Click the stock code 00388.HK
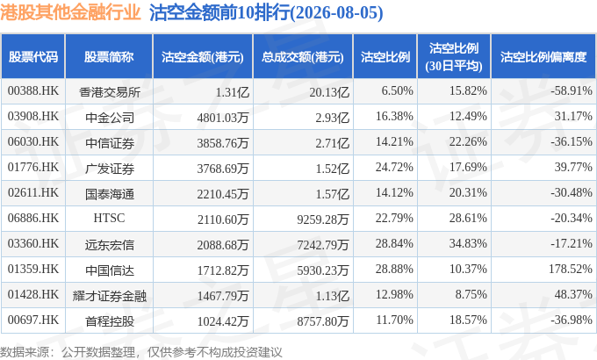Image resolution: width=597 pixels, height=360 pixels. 33,91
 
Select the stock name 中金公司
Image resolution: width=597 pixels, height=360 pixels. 110,118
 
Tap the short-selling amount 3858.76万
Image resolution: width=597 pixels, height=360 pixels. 223,143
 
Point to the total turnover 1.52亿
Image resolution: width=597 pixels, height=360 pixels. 333,169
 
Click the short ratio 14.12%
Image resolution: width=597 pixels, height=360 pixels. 394,193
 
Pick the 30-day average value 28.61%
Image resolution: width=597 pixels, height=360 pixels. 468,219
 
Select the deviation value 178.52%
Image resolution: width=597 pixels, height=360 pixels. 571,270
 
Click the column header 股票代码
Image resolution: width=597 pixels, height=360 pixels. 33,57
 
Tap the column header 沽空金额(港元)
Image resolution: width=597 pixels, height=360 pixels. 203,57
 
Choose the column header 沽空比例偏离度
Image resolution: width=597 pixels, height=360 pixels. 543,57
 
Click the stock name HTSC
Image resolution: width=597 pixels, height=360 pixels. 109,219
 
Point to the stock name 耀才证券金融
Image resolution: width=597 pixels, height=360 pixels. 110,296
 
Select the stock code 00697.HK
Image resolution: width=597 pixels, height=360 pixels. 33,320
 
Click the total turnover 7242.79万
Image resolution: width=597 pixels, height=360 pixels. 323,245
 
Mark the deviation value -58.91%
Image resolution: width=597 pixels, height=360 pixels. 572,91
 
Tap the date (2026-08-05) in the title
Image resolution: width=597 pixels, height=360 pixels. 336,12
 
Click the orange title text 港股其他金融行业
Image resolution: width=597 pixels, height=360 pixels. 71,12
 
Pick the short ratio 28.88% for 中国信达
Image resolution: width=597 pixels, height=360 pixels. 394,270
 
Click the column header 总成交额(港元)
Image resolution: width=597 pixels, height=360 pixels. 303,57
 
